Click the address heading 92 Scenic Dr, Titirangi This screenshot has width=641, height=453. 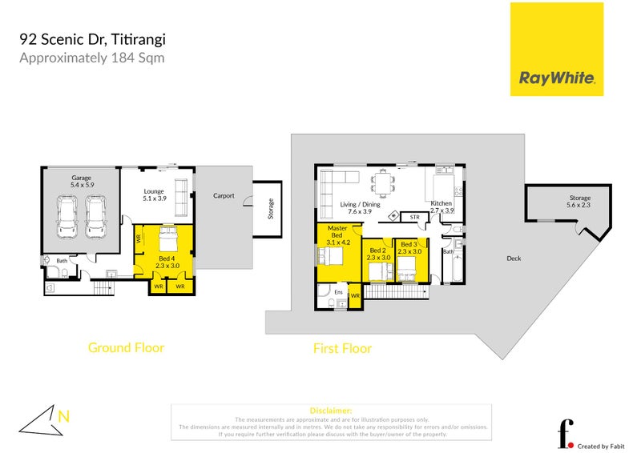[x=93, y=39]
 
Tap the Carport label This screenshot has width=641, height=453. [x=224, y=195]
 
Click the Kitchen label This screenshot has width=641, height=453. [x=441, y=204]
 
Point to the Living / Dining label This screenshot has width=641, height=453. [x=360, y=205]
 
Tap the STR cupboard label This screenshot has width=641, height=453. [x=414, y=217]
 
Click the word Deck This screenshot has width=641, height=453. [x=514, y=259]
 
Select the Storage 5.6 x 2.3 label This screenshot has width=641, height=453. [x=579, y=202]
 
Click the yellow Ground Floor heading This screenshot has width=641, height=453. [x=126, y=347]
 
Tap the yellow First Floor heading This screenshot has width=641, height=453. [x=342, y=348]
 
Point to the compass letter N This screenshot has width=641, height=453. [x=63, y=414]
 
